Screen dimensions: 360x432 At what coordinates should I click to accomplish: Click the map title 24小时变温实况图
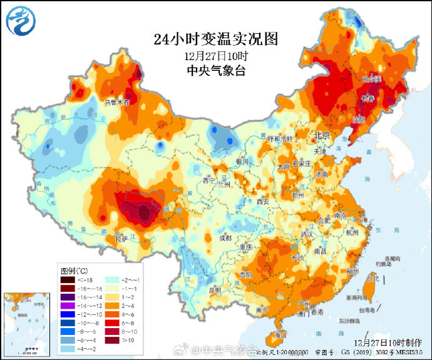pos(215,39)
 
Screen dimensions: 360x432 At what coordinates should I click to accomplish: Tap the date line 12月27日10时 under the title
pos(215,56)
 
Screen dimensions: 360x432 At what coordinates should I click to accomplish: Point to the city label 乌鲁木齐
pos(116,101)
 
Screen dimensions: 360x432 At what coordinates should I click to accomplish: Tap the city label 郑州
pos(297,195)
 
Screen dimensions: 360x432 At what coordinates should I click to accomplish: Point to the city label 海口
pos(280,334)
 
